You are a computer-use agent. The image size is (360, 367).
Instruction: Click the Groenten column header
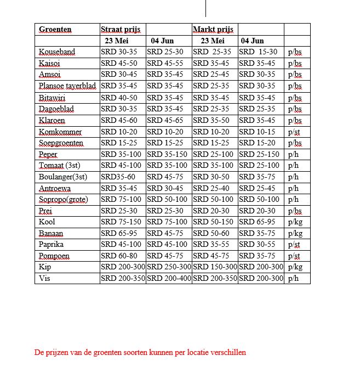coord(55,29)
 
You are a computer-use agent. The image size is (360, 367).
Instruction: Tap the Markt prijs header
coord(213,29)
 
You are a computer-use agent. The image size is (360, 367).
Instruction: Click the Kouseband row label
coord(57,52)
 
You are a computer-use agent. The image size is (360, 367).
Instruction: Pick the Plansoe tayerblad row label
coord(68,86)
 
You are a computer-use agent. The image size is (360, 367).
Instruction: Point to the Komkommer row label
coord(60,132)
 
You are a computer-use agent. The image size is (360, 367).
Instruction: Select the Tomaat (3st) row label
coord(59,166)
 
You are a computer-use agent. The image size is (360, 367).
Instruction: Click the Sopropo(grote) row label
coord(63,199)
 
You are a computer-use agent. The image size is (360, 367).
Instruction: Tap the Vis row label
coord(44,278)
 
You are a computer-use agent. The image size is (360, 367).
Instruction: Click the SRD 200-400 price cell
coord(169,278)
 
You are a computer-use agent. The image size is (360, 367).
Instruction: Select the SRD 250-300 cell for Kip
coord(169,267)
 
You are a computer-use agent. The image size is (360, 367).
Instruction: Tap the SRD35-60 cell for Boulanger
coord(119,177)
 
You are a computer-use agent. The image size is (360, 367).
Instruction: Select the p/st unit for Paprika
coord(295,245)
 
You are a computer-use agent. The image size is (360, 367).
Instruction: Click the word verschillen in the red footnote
coord(226,352)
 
